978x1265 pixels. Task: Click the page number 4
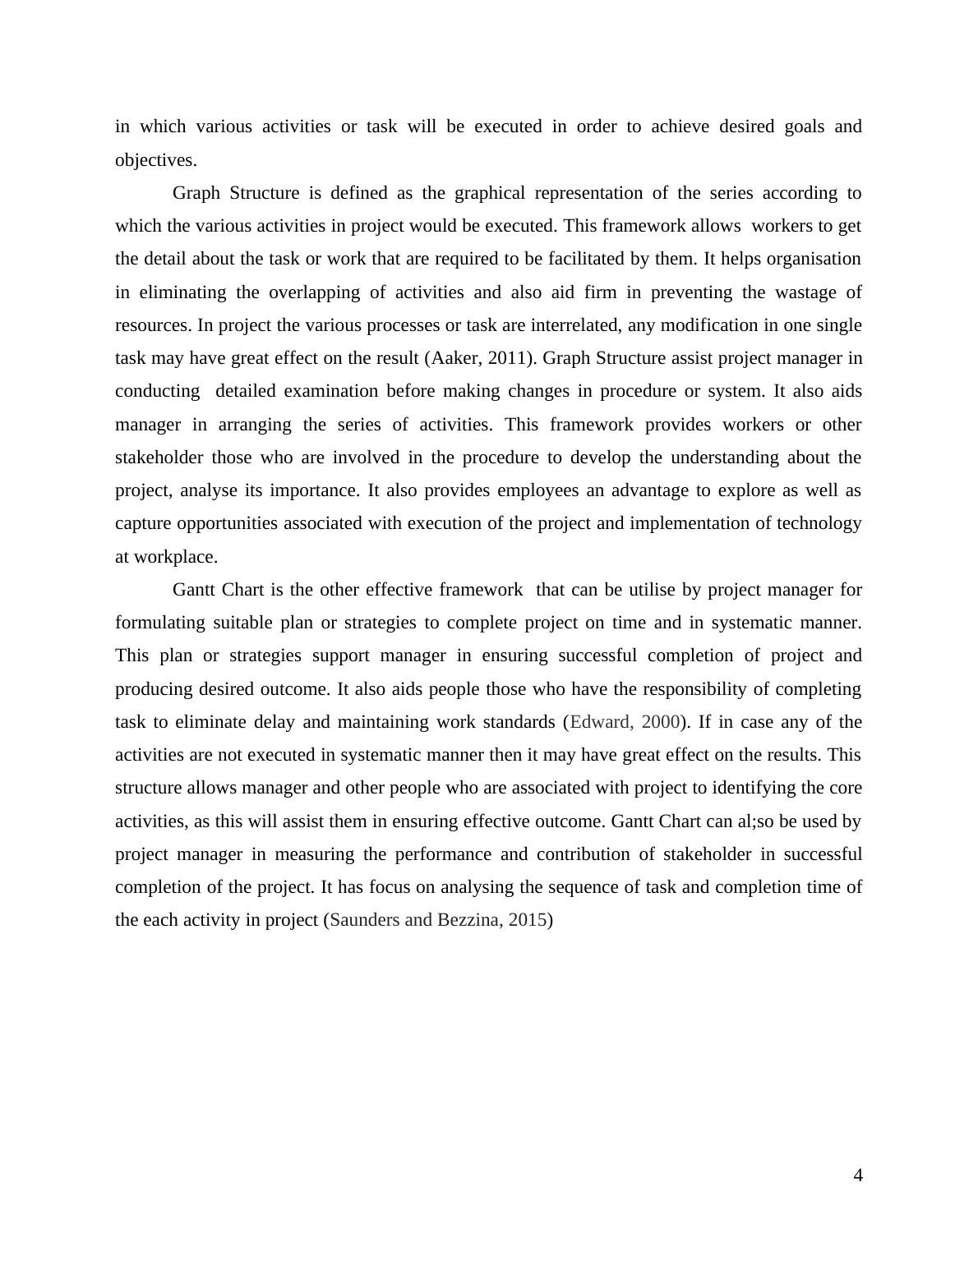click(x=857, y=1175)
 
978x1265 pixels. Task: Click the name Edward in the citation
click(x=600, y=722)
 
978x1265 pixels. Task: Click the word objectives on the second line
click(x=154, y=160)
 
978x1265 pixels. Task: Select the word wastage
click(x=800, y=292)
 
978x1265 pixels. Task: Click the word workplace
click(x=175, y=557)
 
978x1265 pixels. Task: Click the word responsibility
click(x=701, y=689)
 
